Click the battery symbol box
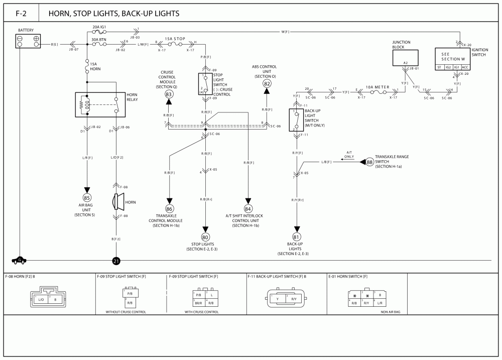tap(28, 41)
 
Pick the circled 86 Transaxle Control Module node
tap(169, 208)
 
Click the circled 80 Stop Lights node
tap(205, 237)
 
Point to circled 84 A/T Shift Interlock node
tap(248, 208)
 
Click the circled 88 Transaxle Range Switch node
tap(370, 162)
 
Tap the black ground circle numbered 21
tap(116, 261)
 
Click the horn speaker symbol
tap(118, 202)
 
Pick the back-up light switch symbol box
tap(296, 120)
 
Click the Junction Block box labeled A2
tap(405, 58)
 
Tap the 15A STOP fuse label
tap(175, 38)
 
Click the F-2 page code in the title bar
tap(21, 14)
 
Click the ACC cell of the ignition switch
tap(465, 67)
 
